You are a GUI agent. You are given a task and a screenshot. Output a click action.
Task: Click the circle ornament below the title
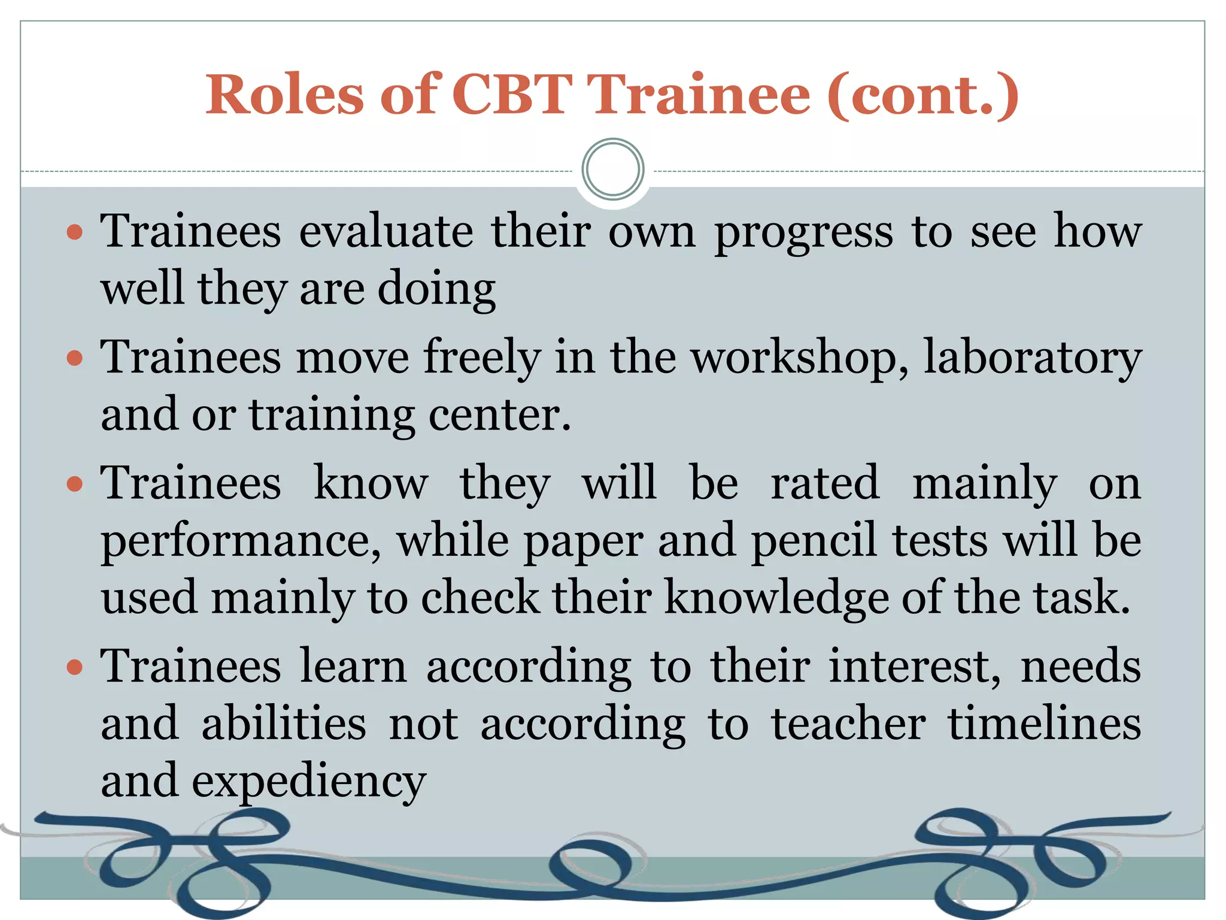pyautogui.click(x=612, y=170)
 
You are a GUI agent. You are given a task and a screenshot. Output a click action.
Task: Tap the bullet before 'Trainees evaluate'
pyautogui.click(x=74, y=233)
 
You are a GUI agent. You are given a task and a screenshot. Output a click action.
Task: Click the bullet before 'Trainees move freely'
pyautogui.click(x=74, y=359)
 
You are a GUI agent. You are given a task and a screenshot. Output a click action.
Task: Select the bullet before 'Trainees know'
pyautogui.click(x=74, y=484)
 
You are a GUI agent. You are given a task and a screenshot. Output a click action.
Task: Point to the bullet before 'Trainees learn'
pyautogui.click(x=74, y=667)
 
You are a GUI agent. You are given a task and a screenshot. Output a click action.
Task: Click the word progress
pyautogui.click(x=803, y=234)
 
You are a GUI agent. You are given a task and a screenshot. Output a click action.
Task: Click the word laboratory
pyautogui.click(x=1033, y=358)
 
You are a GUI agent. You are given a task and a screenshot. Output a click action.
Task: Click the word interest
pyautogui.click(x=914, y=666)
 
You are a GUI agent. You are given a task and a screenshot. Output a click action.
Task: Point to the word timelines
pyautogui.click(x=1044, y=724)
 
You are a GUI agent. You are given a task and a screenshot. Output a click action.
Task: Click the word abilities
pyautogui.click(x=284, y=724)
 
